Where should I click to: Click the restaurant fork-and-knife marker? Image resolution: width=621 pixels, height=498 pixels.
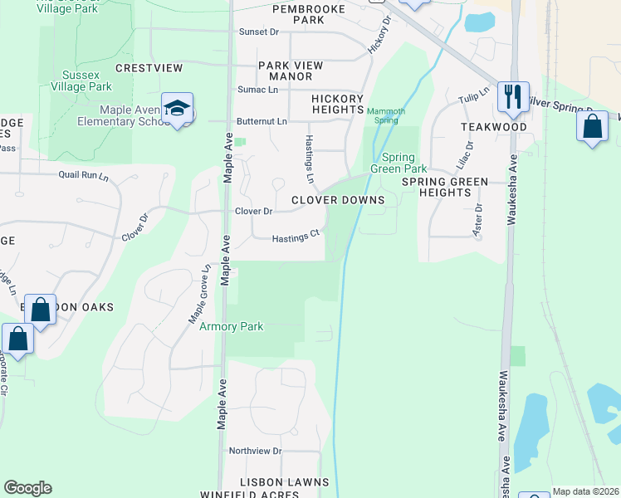click(x=513, y=96)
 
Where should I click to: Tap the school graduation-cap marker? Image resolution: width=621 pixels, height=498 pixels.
click(x=177, y=109)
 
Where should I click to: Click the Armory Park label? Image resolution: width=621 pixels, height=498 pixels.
click(x=232, y=327)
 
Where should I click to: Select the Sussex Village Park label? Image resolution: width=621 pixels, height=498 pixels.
click(x=81, y=80)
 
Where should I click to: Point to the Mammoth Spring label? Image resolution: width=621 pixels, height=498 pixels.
click(x=386, y=115)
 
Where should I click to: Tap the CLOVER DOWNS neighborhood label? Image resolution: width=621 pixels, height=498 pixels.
click(x=338, y=200)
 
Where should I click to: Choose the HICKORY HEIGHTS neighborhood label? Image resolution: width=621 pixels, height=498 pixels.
click(x=338, y=105)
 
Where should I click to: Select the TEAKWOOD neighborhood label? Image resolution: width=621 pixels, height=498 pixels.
click(x=495, y=128)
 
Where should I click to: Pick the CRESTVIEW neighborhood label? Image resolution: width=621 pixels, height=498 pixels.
click(x=149, y=68)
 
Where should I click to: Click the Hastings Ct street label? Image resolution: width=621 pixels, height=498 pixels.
click(x=296, y=237)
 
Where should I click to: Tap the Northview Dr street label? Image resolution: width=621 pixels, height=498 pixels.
click(x=256, y=451)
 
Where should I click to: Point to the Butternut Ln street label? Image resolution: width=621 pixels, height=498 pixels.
click(x=262, y=121)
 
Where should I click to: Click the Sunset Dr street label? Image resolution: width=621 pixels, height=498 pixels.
click(x=259, y=32)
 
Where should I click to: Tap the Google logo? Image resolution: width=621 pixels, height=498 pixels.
click(x=27, y=488)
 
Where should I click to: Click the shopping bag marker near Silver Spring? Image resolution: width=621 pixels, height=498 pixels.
click(x=592, y=128)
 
